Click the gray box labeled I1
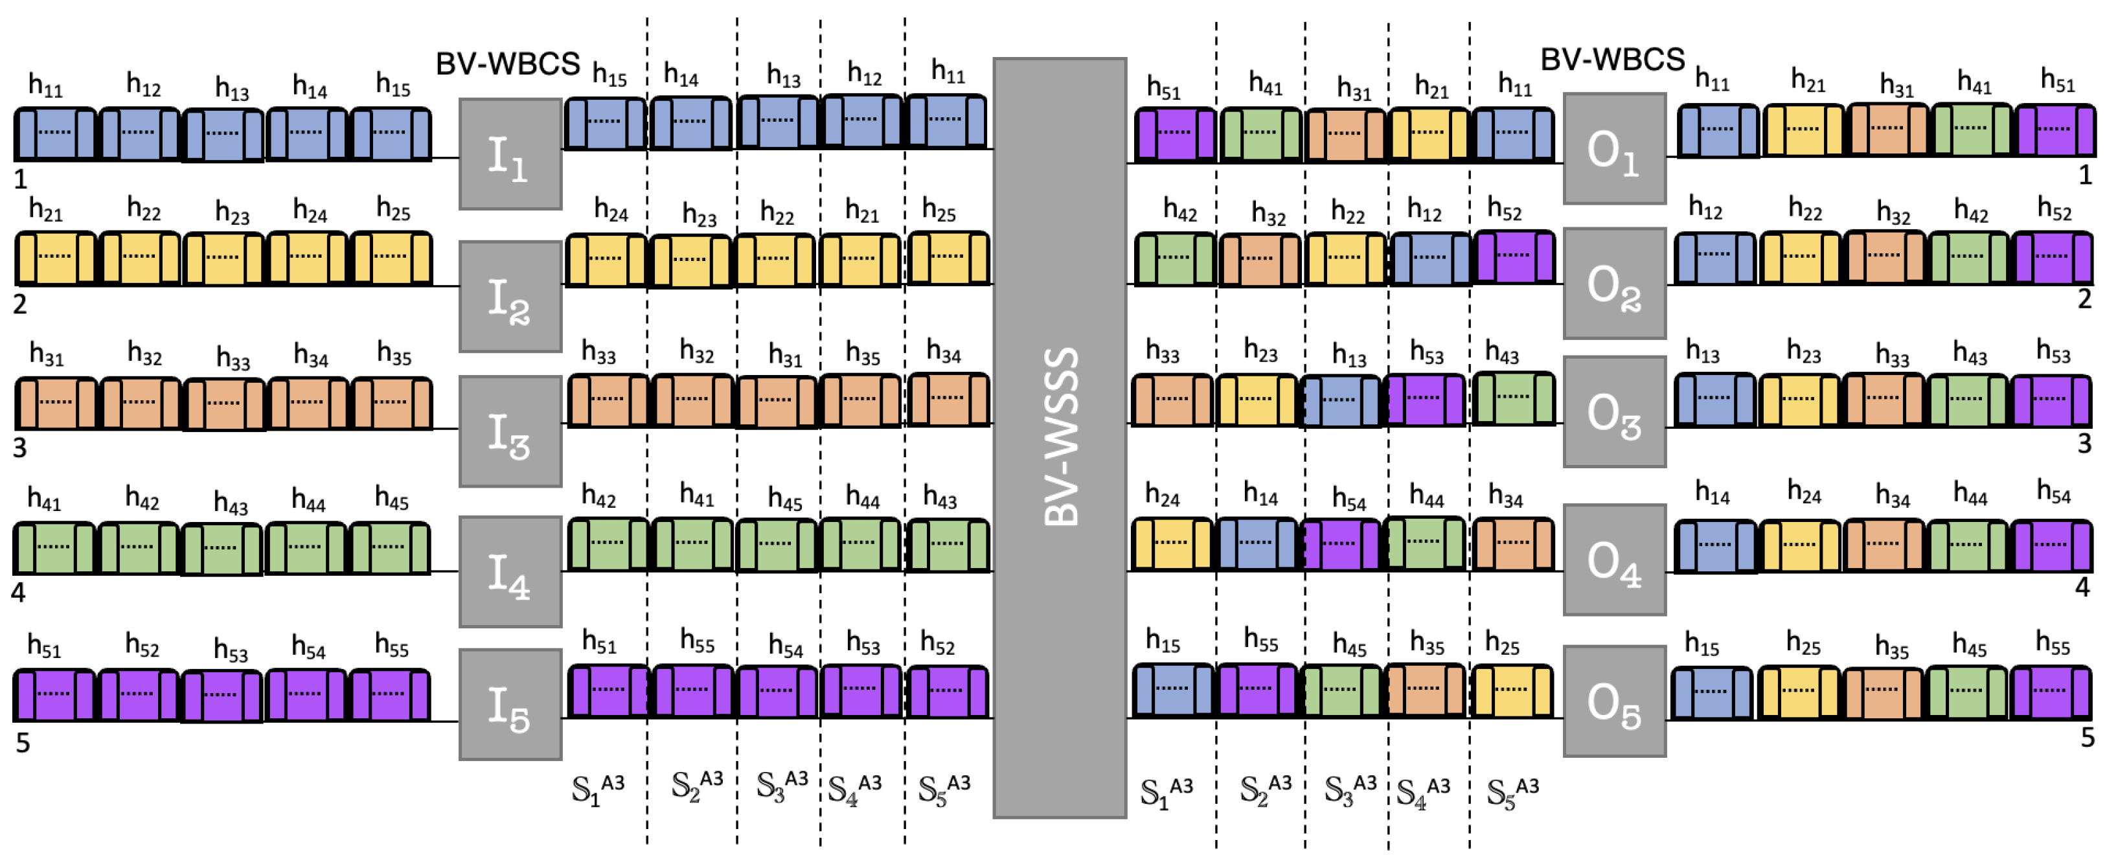pos(510,153)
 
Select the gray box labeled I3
pos(510,431)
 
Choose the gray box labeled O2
pos(1614,283)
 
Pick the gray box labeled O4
pos(1614,559)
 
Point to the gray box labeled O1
pos(1614,148)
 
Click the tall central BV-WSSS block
pos(1059,438)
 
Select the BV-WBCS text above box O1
pos(1612,60)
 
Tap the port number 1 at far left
pos(21,178)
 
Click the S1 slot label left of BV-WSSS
pos(597,789)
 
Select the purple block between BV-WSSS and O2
pos(1514,256)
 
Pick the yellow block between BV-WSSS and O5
pos(1512,690)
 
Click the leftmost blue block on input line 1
pos(55,133)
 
